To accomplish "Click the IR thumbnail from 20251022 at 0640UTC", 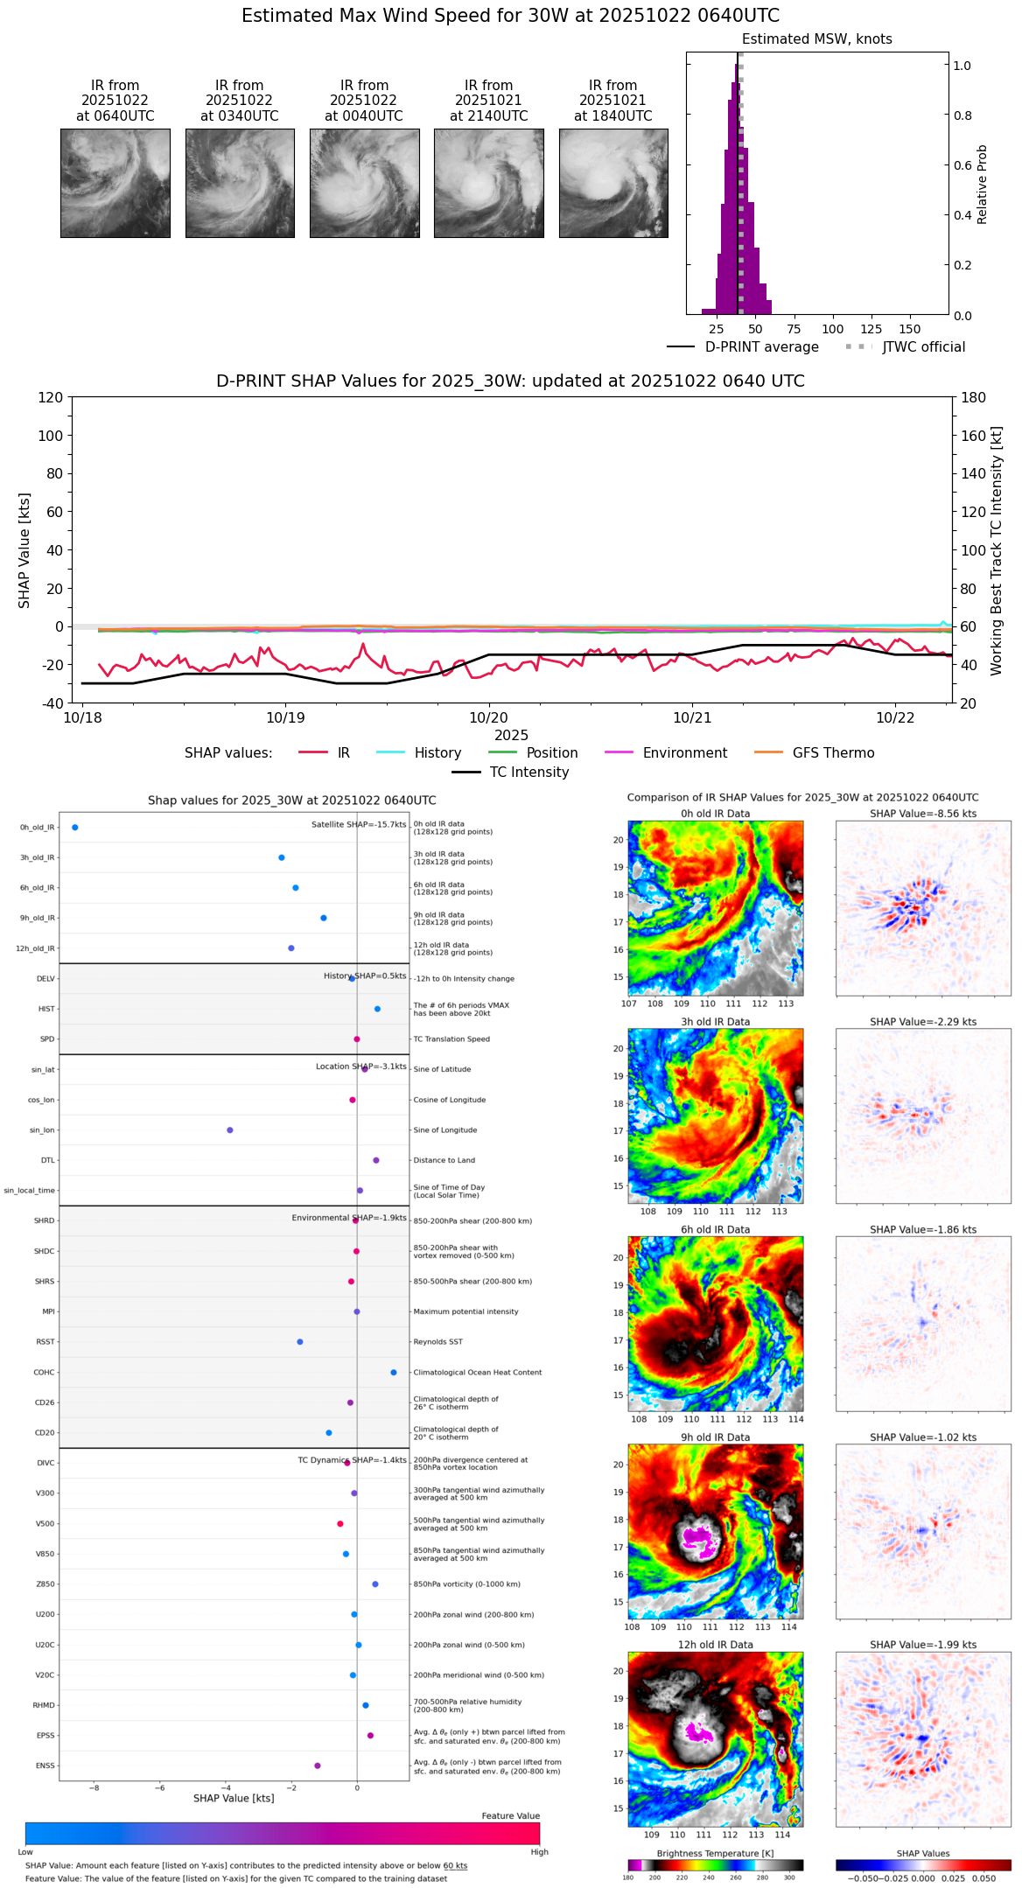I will tap(115, 183).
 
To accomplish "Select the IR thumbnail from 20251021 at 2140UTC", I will tap(488, 183).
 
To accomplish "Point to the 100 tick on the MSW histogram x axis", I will tap(832, 329).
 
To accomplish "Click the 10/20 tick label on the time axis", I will tap(488, 718).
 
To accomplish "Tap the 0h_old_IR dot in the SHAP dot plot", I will tap(75, 828).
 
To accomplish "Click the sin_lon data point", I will tap(230, 1130).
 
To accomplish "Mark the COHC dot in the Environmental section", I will tap(394, 1373).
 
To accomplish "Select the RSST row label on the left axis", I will tap(45, 1342).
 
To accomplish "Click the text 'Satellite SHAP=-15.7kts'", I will tap(359, 825).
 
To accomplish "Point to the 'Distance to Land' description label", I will tap(444, 1161).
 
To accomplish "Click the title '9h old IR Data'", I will tap(715, 1437).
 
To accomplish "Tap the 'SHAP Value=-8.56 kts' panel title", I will tap(923, 814).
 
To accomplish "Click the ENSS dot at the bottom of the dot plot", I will tap(318, 1766).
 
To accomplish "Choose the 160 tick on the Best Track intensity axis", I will tap(974, 436).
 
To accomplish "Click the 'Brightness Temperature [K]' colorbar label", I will tap(715, 1853).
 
